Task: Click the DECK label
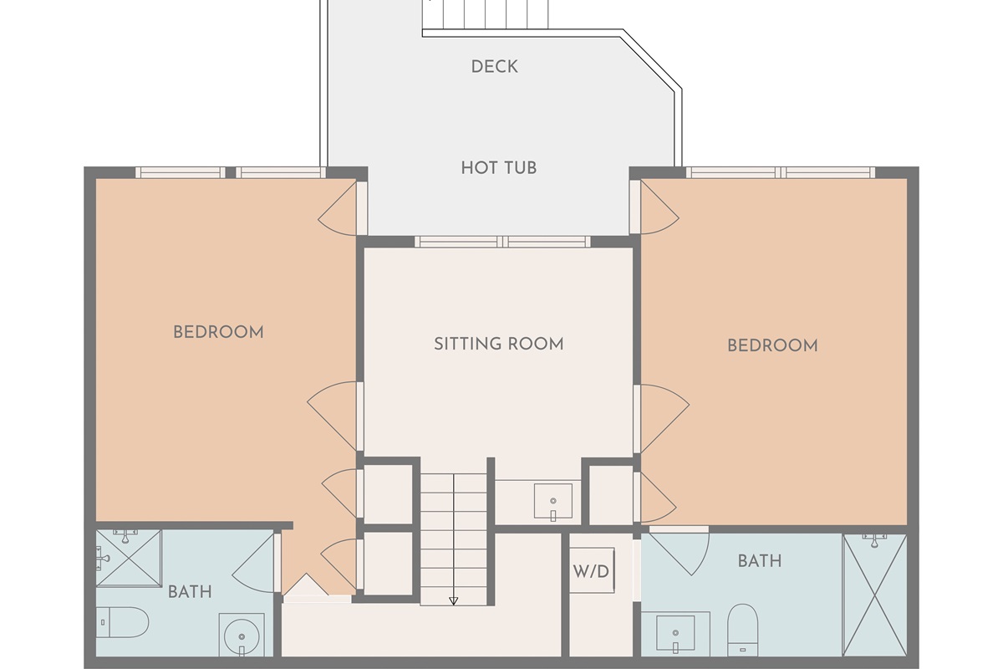494,67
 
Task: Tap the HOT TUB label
499,168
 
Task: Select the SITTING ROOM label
499,345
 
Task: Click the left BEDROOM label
218,333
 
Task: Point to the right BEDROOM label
772,346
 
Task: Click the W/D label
591,571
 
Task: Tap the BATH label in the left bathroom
190,592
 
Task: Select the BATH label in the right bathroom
760,561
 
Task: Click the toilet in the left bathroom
122,622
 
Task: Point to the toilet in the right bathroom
742,630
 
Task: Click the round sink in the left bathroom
242,637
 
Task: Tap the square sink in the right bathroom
675,633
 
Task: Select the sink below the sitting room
553,501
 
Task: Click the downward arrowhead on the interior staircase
454,601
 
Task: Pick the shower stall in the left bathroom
129,558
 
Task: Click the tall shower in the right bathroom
875,595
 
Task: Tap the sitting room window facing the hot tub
502,242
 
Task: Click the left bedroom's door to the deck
339,207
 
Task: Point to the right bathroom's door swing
680,551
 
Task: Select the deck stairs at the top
486,14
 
